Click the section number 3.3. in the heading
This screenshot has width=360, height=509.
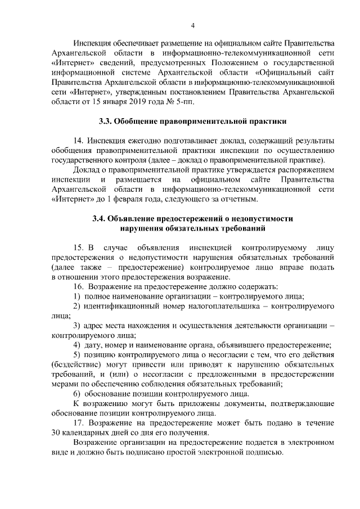tap(105, 121)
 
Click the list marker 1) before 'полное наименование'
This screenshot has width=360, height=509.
tap(78, 296)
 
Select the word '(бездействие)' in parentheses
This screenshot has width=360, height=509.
tap(76, 364)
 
